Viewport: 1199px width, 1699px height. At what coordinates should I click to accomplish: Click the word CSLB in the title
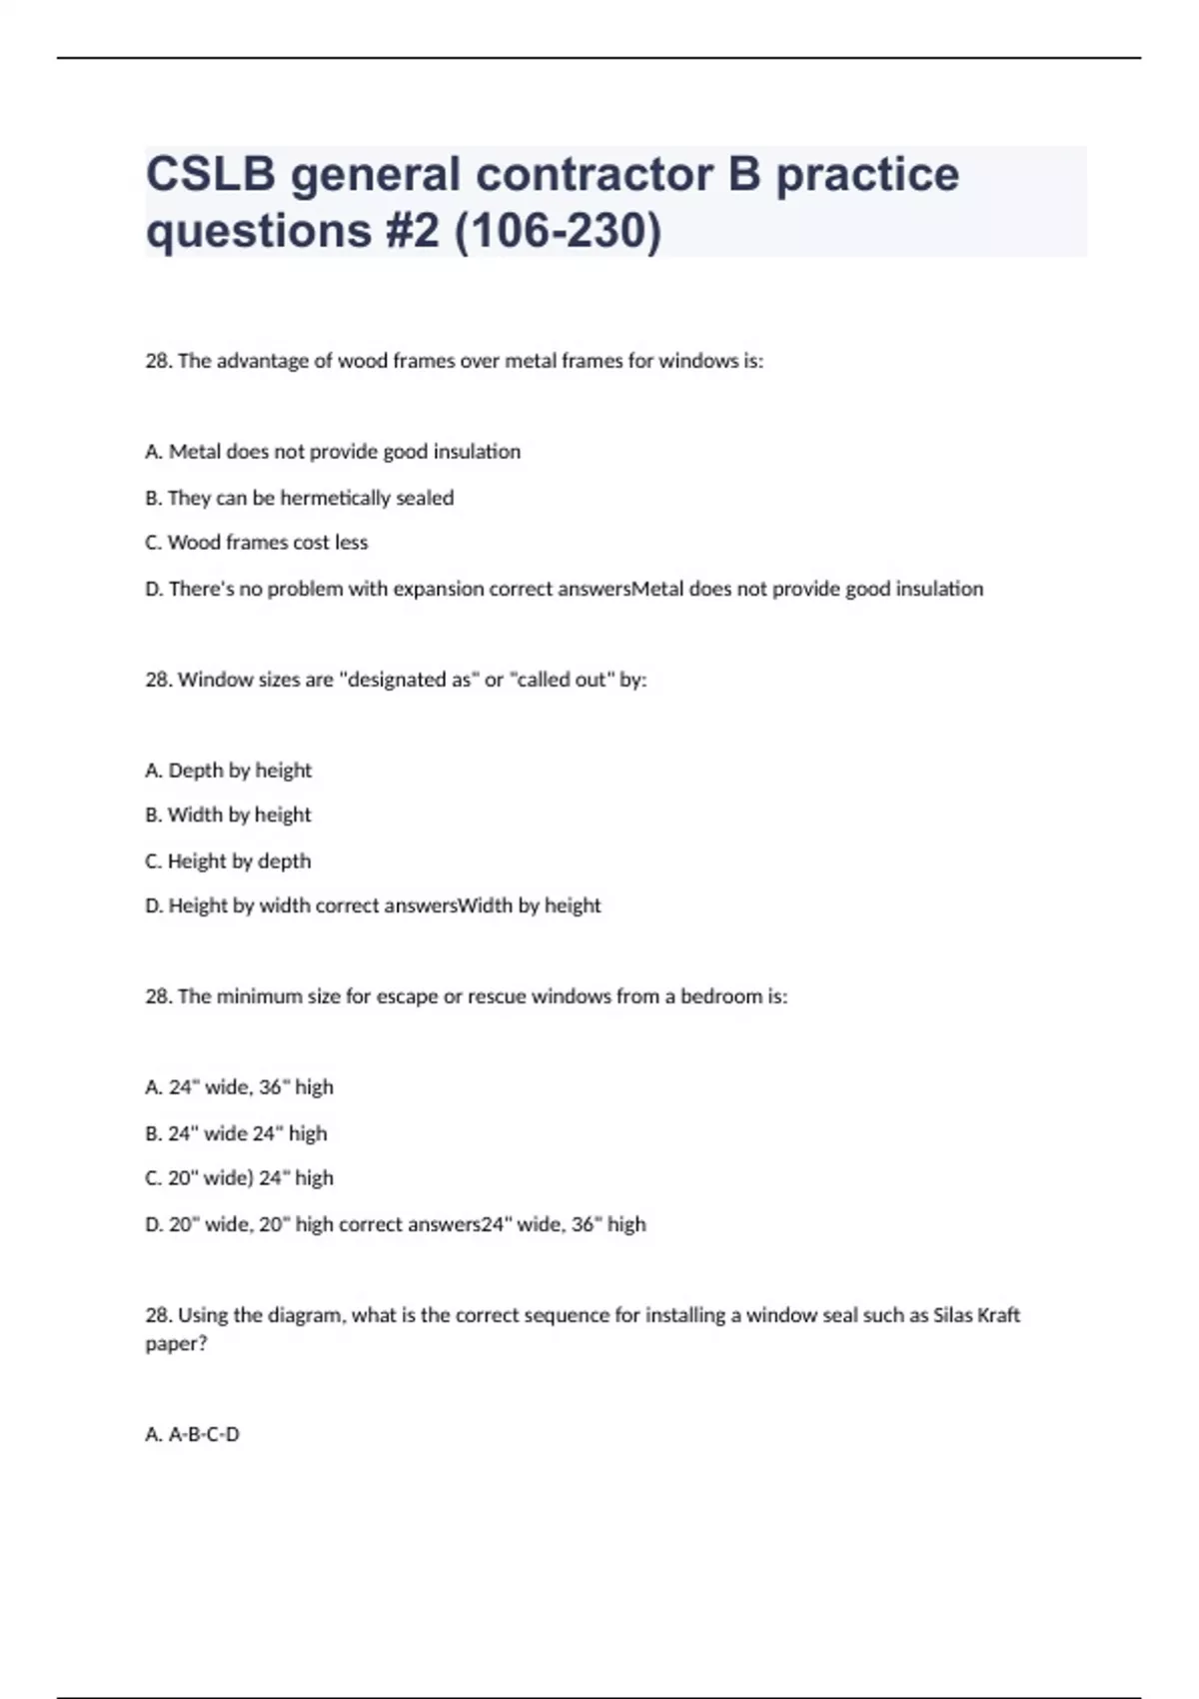click(211, 175)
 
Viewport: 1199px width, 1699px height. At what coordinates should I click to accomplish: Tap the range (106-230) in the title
click(558, 231)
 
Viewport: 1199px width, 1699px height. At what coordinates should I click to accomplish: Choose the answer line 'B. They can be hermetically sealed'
click(300, 498)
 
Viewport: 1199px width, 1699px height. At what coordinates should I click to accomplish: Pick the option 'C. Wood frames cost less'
click(257, 543)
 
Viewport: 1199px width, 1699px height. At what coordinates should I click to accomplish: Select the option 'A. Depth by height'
click(229, 771)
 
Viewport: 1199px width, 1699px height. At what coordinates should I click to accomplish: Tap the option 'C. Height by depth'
click(228, 861)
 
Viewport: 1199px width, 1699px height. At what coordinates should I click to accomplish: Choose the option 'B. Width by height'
click(228, 816)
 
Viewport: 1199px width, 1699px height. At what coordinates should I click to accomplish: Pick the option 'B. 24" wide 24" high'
click(236, 1133)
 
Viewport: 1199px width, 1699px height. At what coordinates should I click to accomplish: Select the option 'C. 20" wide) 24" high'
click(239, 1178)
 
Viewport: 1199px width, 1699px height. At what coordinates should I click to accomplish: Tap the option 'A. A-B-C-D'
click(193, 1435)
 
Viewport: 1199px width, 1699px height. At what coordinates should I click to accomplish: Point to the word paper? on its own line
click(177, 1344)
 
